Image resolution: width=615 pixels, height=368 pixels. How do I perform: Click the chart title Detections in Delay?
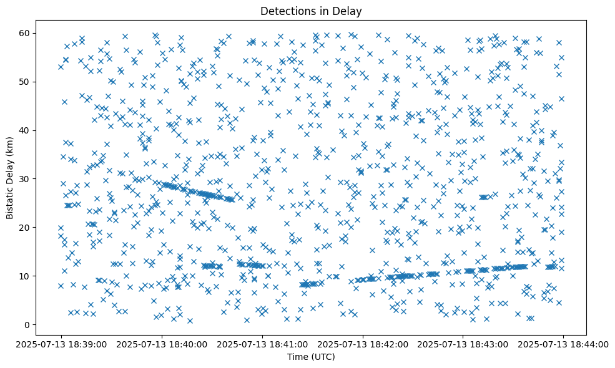tap(311, 11)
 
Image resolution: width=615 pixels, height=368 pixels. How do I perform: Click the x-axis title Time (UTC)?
tap(311, 357)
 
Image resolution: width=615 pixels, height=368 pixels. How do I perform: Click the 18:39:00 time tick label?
tap(62, 344)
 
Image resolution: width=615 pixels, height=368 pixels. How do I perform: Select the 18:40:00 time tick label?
tap(162, 344)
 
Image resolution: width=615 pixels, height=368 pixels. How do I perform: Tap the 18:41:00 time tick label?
tap(263, 344)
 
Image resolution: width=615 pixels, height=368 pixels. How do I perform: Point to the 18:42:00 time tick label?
tap(363, 344)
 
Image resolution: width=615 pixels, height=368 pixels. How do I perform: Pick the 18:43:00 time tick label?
tap(463, 344)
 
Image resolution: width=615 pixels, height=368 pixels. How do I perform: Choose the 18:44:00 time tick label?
tap(563, 344)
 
